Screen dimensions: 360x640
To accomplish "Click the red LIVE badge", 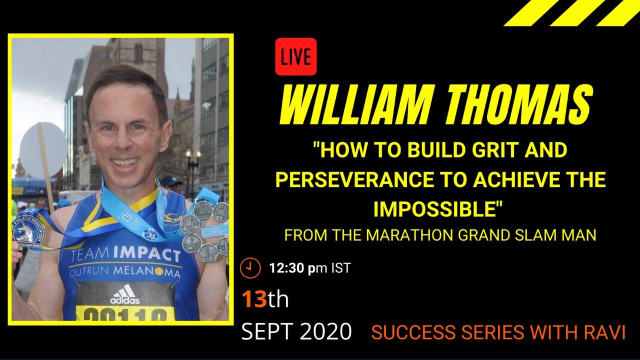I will pos(295,57).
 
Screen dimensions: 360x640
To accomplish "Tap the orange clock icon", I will pos(250,268).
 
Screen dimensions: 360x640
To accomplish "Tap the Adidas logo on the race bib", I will pos(125,294).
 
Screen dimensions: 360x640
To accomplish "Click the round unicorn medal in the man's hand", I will pos(28,232).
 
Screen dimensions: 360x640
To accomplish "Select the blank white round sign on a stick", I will pos(43,150).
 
